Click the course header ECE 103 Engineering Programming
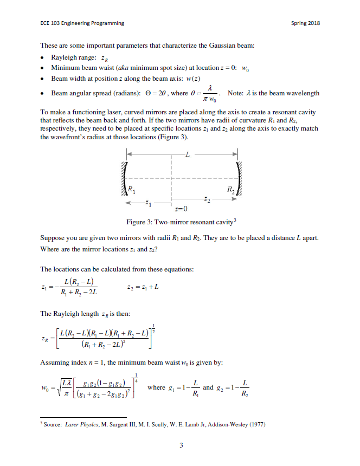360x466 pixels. click(82, 23)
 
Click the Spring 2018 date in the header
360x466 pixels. click(305, 23)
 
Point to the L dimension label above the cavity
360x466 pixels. click(187, 155)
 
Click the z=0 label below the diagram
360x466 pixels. click(182, 209)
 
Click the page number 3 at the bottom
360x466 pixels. click(181, 445)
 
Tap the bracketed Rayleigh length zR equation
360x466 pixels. click(100, 338)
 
